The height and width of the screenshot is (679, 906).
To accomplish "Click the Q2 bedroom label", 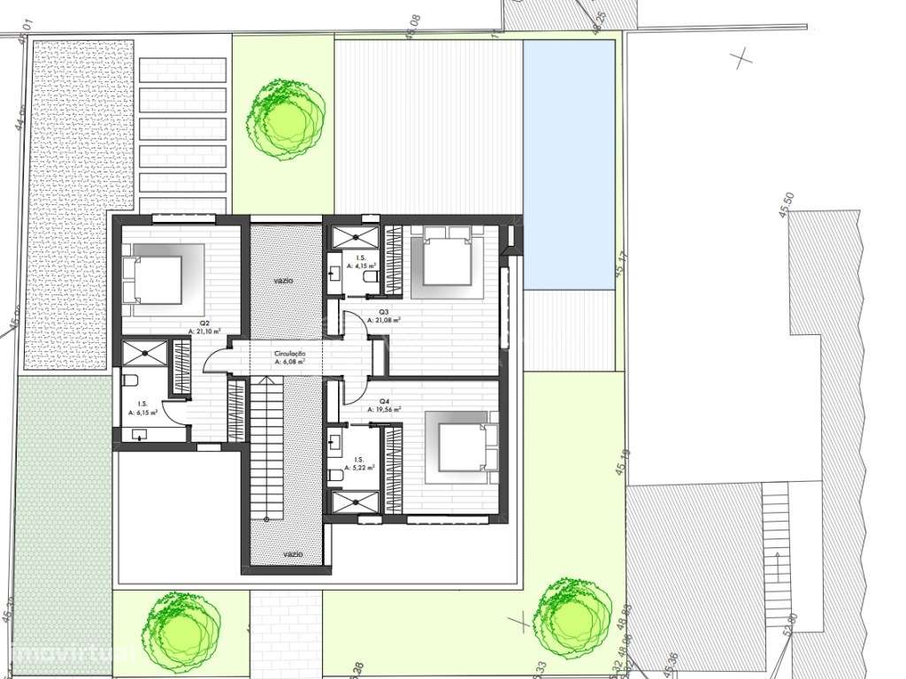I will (x=203, y=324).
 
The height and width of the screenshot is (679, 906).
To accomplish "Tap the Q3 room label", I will (x=384, y=312).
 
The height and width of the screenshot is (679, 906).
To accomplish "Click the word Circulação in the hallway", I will (x=289, y=354).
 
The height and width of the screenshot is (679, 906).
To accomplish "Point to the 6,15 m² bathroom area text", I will (x=142, y=413).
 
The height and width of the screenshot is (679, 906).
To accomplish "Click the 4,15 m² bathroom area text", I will (x=361, y=264).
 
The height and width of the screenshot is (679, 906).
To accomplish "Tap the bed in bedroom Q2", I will (x=157, y=280).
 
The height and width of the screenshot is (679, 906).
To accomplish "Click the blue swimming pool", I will (x=568, y=164).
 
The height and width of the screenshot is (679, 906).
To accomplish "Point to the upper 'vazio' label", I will (x=284, y=280).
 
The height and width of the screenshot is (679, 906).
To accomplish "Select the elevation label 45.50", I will (x=787, y=206).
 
